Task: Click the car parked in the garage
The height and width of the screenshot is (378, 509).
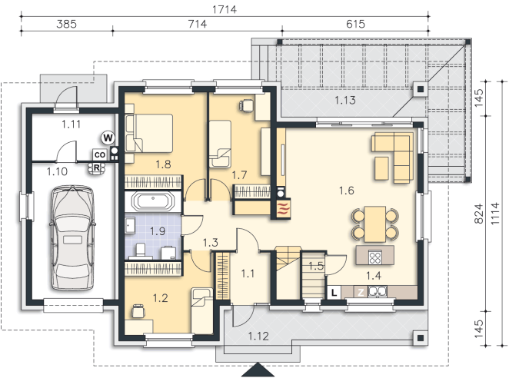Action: click(72, 238)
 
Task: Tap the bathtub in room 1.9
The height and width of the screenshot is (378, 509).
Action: click(153, 201)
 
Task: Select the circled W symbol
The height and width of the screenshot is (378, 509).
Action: click(108, 138)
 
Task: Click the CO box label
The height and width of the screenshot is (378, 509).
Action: click(100, 154)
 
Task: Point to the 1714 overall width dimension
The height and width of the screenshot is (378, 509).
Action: click(225, 9)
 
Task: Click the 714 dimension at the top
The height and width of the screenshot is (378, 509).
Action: click(198, 24)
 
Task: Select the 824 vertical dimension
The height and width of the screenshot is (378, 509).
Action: click(479, 214)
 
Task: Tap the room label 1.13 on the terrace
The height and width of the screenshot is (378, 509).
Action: click(345, 100)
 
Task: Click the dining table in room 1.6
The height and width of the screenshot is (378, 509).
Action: click(375, 224)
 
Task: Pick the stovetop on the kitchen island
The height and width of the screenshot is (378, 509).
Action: click(375, 257)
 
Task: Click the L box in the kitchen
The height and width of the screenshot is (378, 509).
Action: click(334, 293)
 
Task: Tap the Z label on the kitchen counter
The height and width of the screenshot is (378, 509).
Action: click(361, 293)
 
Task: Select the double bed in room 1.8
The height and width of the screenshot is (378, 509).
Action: click(149, 133)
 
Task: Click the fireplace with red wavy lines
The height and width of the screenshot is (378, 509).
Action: click(282, 209)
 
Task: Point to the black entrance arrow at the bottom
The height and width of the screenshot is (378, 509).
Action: click(258, 370)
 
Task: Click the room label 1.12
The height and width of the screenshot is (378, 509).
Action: click(258, 337)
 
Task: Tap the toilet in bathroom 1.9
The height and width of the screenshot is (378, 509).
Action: click(141, 250)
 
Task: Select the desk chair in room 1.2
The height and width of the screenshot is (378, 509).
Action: click(138, 311)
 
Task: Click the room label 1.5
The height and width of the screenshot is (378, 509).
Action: click(316, 266)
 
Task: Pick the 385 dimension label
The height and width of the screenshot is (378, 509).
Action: click(66, 24)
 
